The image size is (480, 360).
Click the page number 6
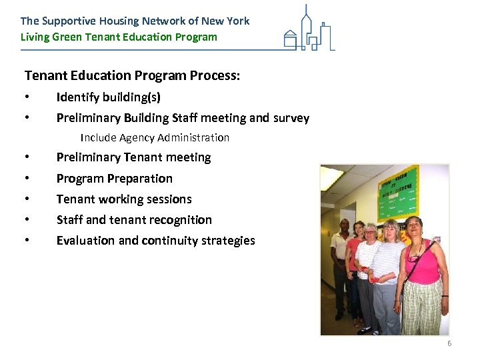(x=449, y=343)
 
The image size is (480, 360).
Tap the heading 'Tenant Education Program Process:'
(x=132, y=75)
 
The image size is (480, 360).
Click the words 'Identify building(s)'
(x=108, y=97)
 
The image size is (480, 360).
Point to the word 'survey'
(x=291, y=118)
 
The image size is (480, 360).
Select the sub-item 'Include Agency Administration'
(x=155, y=138)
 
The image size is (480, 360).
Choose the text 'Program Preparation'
(x=114, y=178)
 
